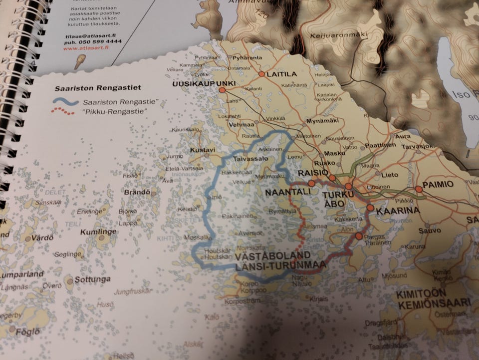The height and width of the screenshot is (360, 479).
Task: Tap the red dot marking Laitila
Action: pyautogui.click(x=261, y=74)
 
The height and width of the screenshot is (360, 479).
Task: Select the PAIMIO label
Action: pyautogui.click(x=438, y=184)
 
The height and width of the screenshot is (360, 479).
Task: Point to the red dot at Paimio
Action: pyautogui.click(x=418, y=189)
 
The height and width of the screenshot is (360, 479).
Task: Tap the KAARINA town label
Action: pyautogui.click(x=397, y=212)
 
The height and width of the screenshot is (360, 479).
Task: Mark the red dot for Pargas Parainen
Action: pyautogui.click(x=358, y=236)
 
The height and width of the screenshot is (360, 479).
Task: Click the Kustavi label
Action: pyautogui.click(x=202, y=150)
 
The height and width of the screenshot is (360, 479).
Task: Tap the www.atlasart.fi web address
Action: pyautogui.click(x=85, y=48)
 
